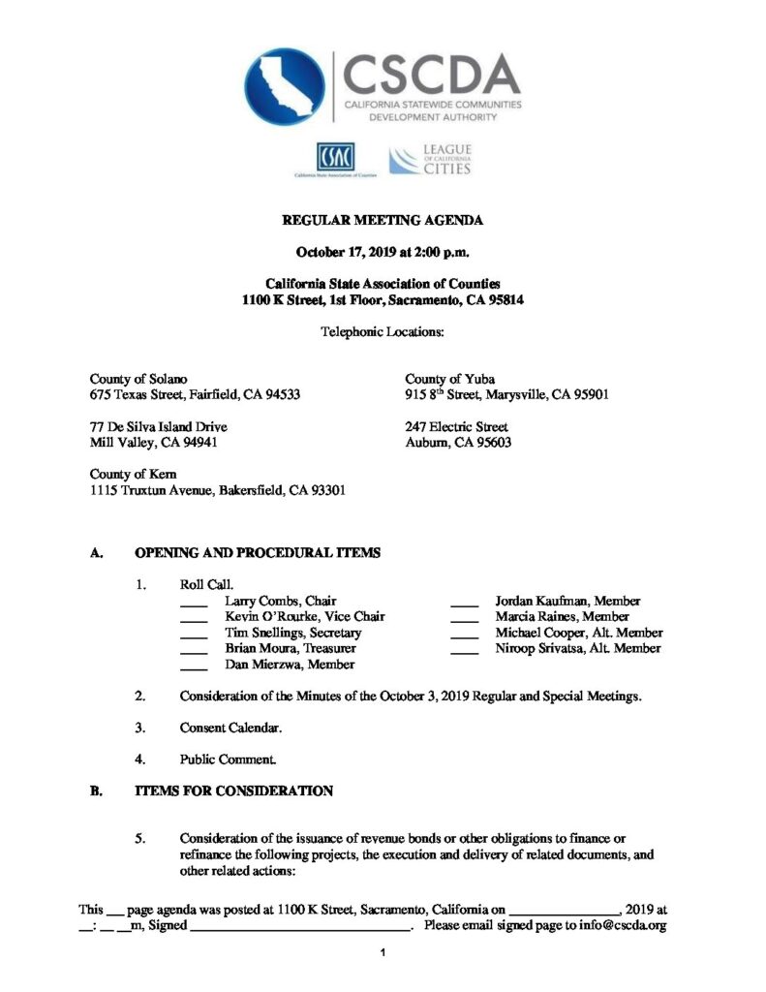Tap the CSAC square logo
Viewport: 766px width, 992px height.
(x=334, y=158)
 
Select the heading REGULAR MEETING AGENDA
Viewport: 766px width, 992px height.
(x=383, y=221)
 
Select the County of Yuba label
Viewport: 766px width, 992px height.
(x=450, y=378)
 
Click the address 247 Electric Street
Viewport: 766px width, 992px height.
(x=456, y=426)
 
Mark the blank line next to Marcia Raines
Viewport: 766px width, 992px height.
(x=465, y=619)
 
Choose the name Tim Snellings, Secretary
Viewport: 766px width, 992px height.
(x=293, y=633)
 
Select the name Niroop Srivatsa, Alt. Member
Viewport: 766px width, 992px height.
(x=578, y=648)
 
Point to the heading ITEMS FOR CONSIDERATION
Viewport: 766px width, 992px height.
(x=233, y=791)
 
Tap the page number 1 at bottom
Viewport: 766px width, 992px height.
(x=383, y=954)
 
